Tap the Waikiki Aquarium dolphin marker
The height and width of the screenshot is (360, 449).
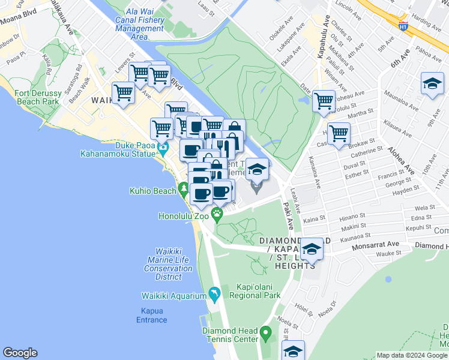click(x=214, y=294)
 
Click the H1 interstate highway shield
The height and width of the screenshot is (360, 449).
click(x=403, y=26)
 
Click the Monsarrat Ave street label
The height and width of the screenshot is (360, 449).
click(x=375, y=245)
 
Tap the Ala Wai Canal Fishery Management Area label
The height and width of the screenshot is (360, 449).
click(x=139, y=24)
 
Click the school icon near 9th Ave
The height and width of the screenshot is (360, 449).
click(x=432, y=85)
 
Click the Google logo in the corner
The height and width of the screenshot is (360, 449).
click(x=20, y=353)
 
